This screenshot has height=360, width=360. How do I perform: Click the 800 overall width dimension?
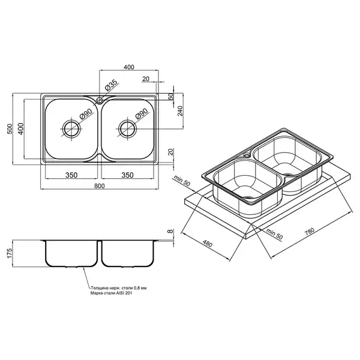click(99, 186)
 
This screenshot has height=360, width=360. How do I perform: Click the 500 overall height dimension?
click(10, 129)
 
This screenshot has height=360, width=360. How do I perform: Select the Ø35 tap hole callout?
click(111, 85)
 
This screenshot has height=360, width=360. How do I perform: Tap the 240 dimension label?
click(180, 111)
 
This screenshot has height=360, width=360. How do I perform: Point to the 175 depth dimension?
click(10, 253)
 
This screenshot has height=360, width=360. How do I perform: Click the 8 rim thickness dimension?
click(170, 231)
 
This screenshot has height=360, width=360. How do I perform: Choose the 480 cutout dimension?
click(208, 244)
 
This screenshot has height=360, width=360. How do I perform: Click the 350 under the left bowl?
click(71, 175)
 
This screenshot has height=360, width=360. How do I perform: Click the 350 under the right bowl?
click(127, 175)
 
